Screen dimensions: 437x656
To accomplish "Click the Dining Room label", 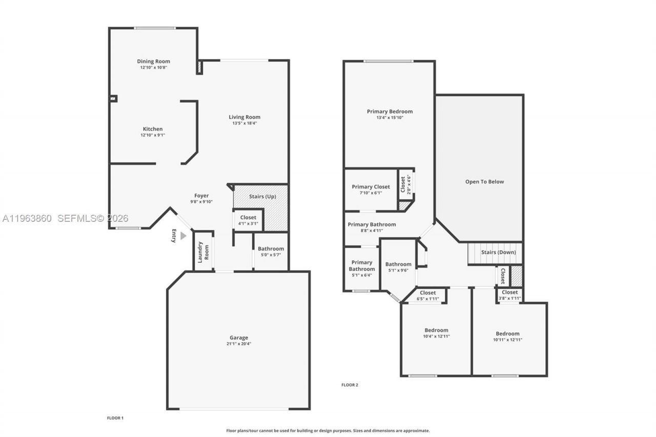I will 153,61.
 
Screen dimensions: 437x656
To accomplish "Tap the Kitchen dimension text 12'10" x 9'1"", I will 153,135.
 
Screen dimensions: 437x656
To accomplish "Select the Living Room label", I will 244,117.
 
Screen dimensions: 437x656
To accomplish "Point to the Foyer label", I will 201,196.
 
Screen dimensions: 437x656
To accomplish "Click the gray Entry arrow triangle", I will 183,236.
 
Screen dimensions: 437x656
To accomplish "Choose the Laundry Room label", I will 203,252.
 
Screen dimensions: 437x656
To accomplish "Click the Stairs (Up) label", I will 263,196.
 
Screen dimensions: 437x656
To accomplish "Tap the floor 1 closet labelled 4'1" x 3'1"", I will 248,220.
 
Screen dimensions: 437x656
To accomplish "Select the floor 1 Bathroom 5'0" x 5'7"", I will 271,252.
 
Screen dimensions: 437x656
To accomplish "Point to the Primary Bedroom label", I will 389,111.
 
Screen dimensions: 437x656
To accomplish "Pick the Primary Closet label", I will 371,187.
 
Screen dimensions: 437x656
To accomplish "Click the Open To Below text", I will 484,181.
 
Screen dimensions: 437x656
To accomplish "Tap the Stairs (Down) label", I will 498,252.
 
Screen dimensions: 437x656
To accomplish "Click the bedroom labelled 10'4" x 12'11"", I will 436,333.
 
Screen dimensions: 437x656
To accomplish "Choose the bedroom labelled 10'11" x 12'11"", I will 507,336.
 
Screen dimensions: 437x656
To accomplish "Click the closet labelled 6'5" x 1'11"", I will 428,296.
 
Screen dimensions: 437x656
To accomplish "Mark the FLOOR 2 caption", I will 350,385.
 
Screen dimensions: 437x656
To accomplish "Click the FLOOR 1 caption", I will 115,418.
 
